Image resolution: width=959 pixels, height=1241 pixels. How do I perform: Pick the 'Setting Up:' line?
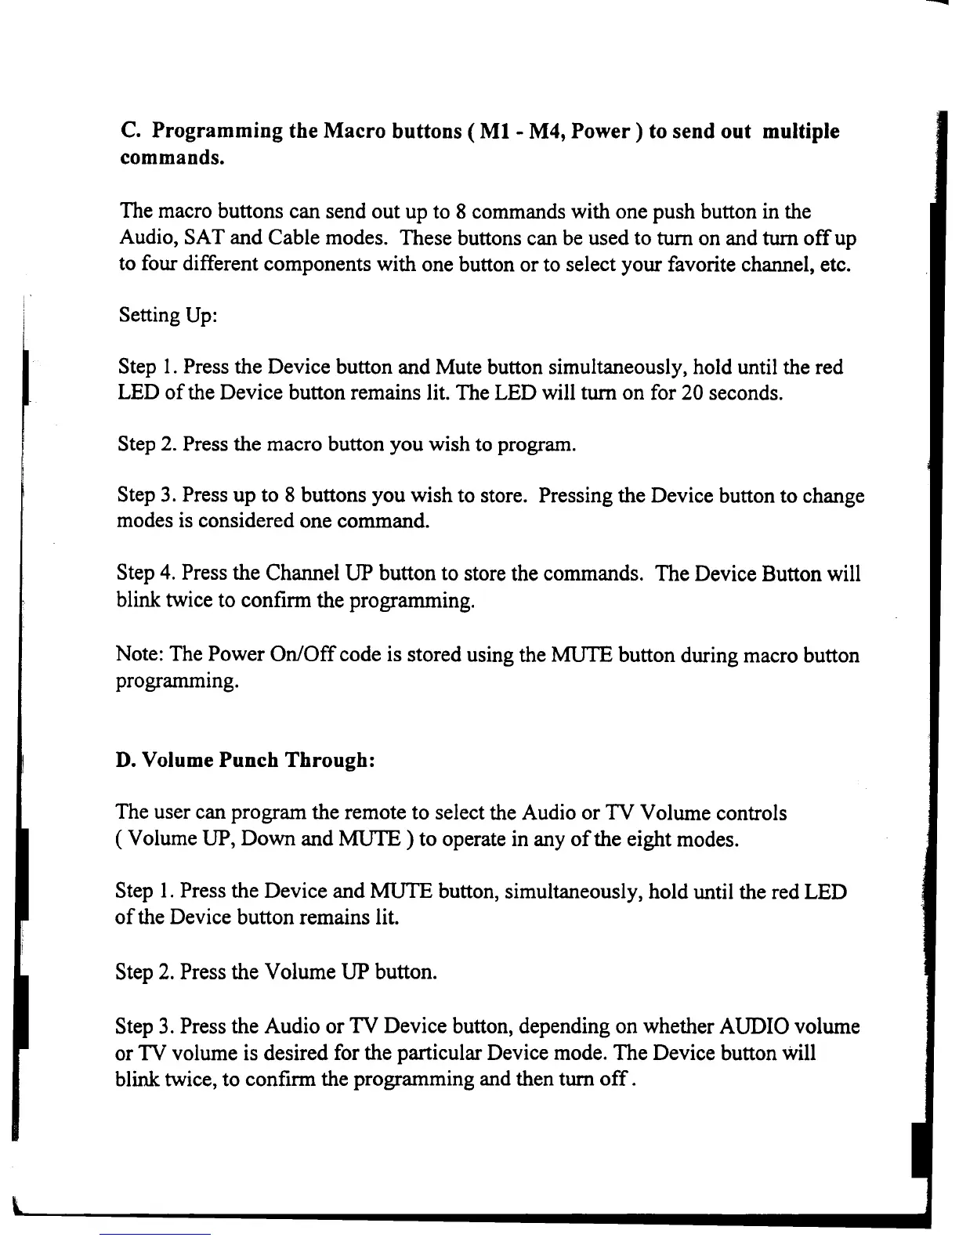(168, 316)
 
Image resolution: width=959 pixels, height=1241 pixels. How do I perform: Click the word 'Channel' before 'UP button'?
(302, 573)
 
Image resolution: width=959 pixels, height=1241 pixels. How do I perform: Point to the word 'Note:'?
(139, 655)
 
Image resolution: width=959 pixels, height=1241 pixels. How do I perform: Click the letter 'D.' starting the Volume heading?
(125, 761)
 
